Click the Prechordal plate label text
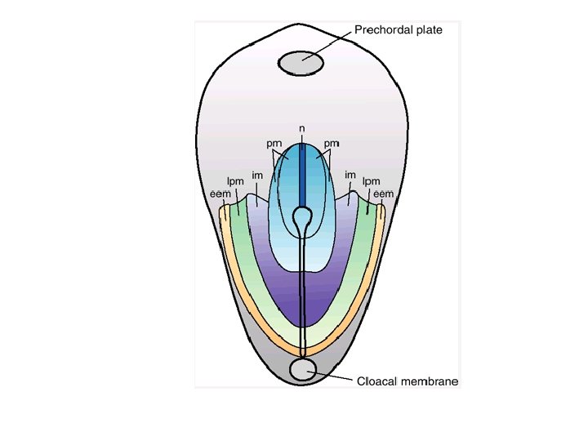pos(398,31)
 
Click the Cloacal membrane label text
pos(408,381)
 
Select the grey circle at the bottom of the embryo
pos(302,370)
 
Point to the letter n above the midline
pos(302,129)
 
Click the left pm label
pos(274,145)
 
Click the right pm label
pos(331,145)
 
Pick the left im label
pos(256,174)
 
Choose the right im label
pos(350,174)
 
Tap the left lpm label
pos(234,181)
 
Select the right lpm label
pos(372,181)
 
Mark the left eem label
pos(220,194)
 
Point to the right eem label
pos(383,194)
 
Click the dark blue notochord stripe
pos(302,176)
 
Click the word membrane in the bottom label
pos(434,381)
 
